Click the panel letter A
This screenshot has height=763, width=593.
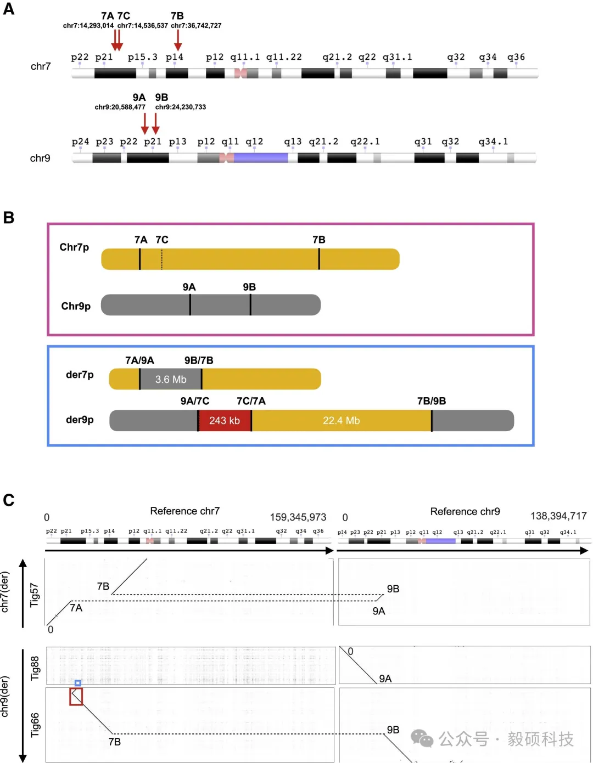(x=9, y=9)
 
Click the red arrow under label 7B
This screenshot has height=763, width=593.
(x=178, y=40)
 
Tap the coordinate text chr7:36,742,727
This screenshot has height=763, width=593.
(x=196, y=26)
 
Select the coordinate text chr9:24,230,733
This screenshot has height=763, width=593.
(x=181, y=107)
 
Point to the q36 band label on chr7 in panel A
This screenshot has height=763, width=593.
(x=516, y=57)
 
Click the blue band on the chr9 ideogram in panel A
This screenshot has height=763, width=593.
(x=261, y=158)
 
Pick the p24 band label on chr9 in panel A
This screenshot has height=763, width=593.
(x=80, y=142)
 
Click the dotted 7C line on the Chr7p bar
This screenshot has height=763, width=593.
(x=162, y=259)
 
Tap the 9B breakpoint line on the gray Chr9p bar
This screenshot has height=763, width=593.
(x=250, y=304)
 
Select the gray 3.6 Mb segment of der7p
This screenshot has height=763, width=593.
(x=171, y=379)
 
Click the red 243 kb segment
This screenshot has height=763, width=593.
(x=225, y=421)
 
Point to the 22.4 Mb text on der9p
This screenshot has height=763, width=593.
(x=341, y=421)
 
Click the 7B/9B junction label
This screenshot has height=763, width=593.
(x=432, y=401)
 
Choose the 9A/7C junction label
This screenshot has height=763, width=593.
(x=195, y=401)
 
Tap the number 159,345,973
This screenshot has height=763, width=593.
(x=298, y=517)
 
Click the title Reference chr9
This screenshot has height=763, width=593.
(x=465, y=511)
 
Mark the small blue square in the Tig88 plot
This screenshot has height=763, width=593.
(x=78, y=683)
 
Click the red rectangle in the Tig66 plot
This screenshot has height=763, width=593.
(x=76, y=697)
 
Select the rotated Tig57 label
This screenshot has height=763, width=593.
(x=35, y=595)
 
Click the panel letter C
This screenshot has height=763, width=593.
(x=9, y=500)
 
